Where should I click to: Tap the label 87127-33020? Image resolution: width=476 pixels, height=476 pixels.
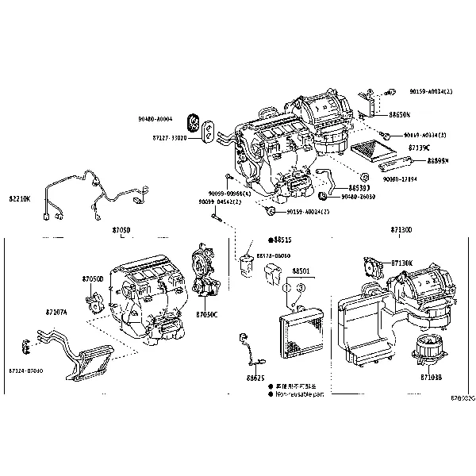coord(168,137)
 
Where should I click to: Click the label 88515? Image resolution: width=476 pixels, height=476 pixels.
coord(282,239)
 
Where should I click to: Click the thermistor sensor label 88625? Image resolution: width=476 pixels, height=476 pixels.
coord(255,378)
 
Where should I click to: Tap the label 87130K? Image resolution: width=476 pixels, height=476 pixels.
coord(401,263)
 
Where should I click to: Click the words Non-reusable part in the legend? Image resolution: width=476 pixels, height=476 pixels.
coord(300,393)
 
